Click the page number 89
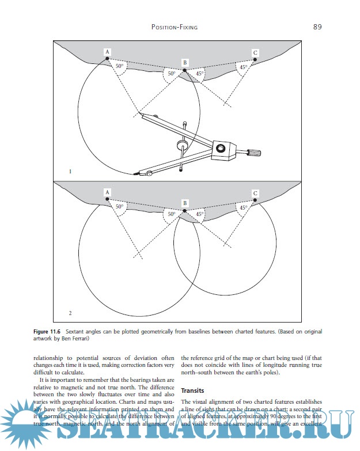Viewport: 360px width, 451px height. (x=317, y=26)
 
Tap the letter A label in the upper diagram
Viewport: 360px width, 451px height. (x=107, y=52)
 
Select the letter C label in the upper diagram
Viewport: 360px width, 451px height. (x=255, y=53)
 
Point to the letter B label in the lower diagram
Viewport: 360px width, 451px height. (x=185, y=203)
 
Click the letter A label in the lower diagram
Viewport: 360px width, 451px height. (x=107, y=192)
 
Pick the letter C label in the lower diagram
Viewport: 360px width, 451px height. (x=255, y=194)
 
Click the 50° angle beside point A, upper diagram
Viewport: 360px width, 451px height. (x=119, y=67)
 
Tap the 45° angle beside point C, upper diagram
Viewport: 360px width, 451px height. (x=244, y=67)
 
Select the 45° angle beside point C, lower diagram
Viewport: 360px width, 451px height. (x=244, y=208)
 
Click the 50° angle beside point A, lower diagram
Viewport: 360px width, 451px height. (x=119, y=206)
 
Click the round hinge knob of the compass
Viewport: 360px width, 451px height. (x=221, y=149)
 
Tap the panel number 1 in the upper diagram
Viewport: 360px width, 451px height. (x=70, y=171)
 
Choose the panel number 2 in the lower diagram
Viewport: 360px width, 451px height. (x=70, y=313)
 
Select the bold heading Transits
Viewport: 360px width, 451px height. (x=193, y=391)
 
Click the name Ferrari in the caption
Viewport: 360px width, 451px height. (x=84, y=339)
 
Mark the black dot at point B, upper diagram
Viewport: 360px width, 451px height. (x=184, y=70)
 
